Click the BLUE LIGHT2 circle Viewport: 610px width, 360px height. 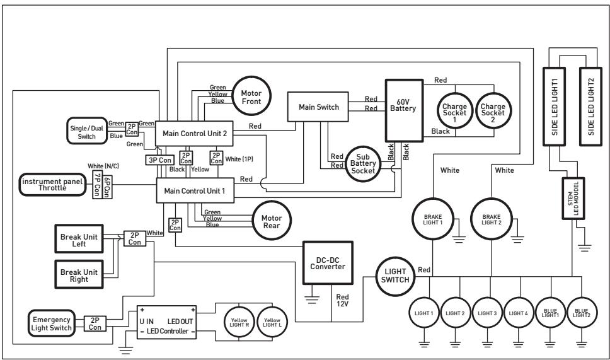(581, 313)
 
